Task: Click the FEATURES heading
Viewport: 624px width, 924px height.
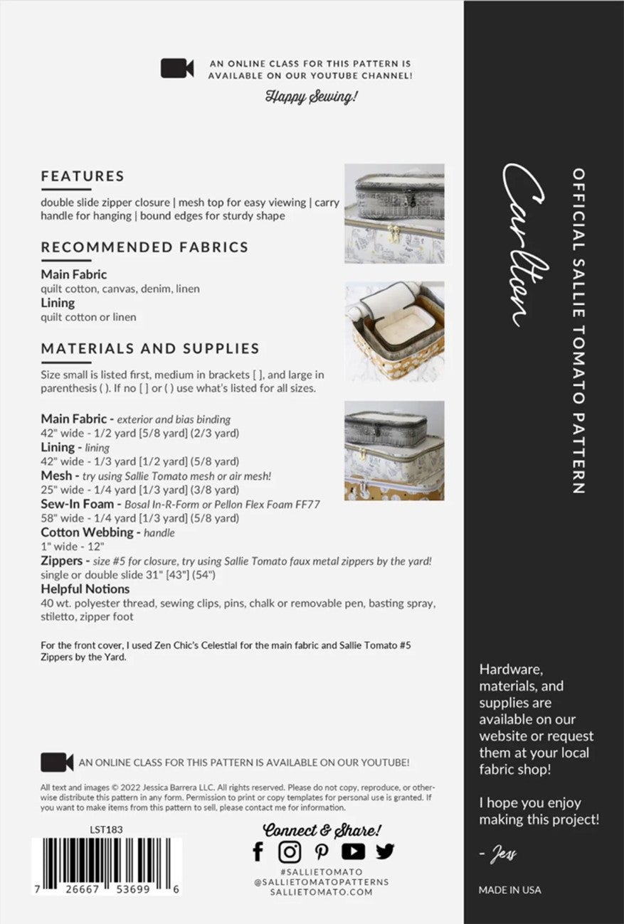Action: (83, 176)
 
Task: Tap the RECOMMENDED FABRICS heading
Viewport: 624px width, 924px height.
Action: (144, 247)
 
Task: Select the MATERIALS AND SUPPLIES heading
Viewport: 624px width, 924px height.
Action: (150, 348)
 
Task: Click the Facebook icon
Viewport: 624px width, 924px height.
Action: (258, 852)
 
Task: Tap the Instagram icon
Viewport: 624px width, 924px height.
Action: (290, 852)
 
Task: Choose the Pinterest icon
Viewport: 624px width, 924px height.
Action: (322, 852)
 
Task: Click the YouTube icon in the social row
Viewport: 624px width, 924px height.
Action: (353, 852)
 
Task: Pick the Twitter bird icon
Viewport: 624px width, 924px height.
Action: (385, 851)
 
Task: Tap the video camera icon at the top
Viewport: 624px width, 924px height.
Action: (177, 69)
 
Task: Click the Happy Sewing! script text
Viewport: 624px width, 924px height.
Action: (310, 96)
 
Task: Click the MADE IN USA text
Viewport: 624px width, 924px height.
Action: (509, 890)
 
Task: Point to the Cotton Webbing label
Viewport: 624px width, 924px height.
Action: (87, 532)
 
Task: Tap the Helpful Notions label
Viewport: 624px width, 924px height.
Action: (85, 589)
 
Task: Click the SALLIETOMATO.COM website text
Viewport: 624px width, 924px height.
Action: (322, 892)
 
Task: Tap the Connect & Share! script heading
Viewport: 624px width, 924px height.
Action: (322, 829)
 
